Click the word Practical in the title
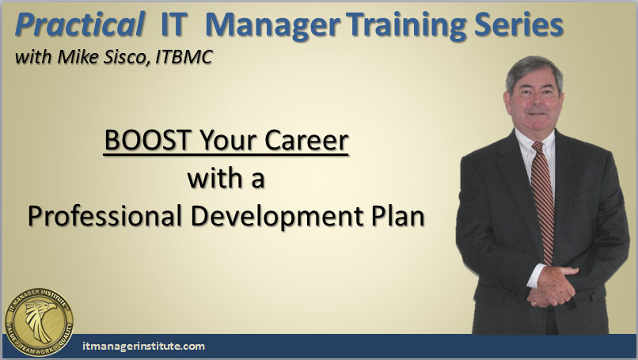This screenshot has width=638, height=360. click(80, 25)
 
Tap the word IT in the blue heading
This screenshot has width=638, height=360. click(174, 25)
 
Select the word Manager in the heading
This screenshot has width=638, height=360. click(272, 26)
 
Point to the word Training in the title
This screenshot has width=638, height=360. click(406, 26)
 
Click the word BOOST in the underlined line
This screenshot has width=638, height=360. click(148, 140)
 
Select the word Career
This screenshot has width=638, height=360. click(306, 140)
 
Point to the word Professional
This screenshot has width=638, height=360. click(104, 215)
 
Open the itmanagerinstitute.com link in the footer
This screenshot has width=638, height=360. click(143, 347)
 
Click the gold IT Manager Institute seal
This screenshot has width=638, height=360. click(39, 322)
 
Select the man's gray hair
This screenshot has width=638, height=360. click(534, 71)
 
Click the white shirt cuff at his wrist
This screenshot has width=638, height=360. click(535, 276)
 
